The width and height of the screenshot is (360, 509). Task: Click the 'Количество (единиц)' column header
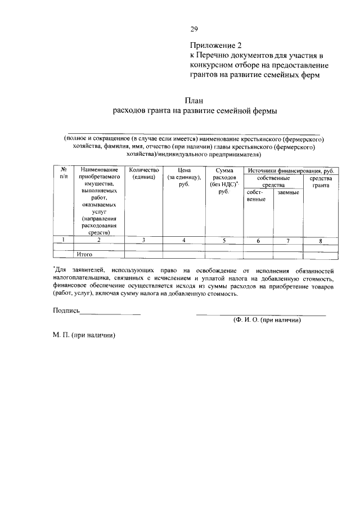coord(144,173)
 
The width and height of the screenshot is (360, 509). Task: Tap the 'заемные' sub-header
coord(288,193)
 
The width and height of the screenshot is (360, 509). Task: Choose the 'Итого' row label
coord(84,255)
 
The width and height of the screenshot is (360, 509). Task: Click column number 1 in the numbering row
coord(64,241)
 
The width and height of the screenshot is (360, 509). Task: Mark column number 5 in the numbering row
coord(223,241)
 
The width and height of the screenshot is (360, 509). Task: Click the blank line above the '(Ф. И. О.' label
coord(261,314)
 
